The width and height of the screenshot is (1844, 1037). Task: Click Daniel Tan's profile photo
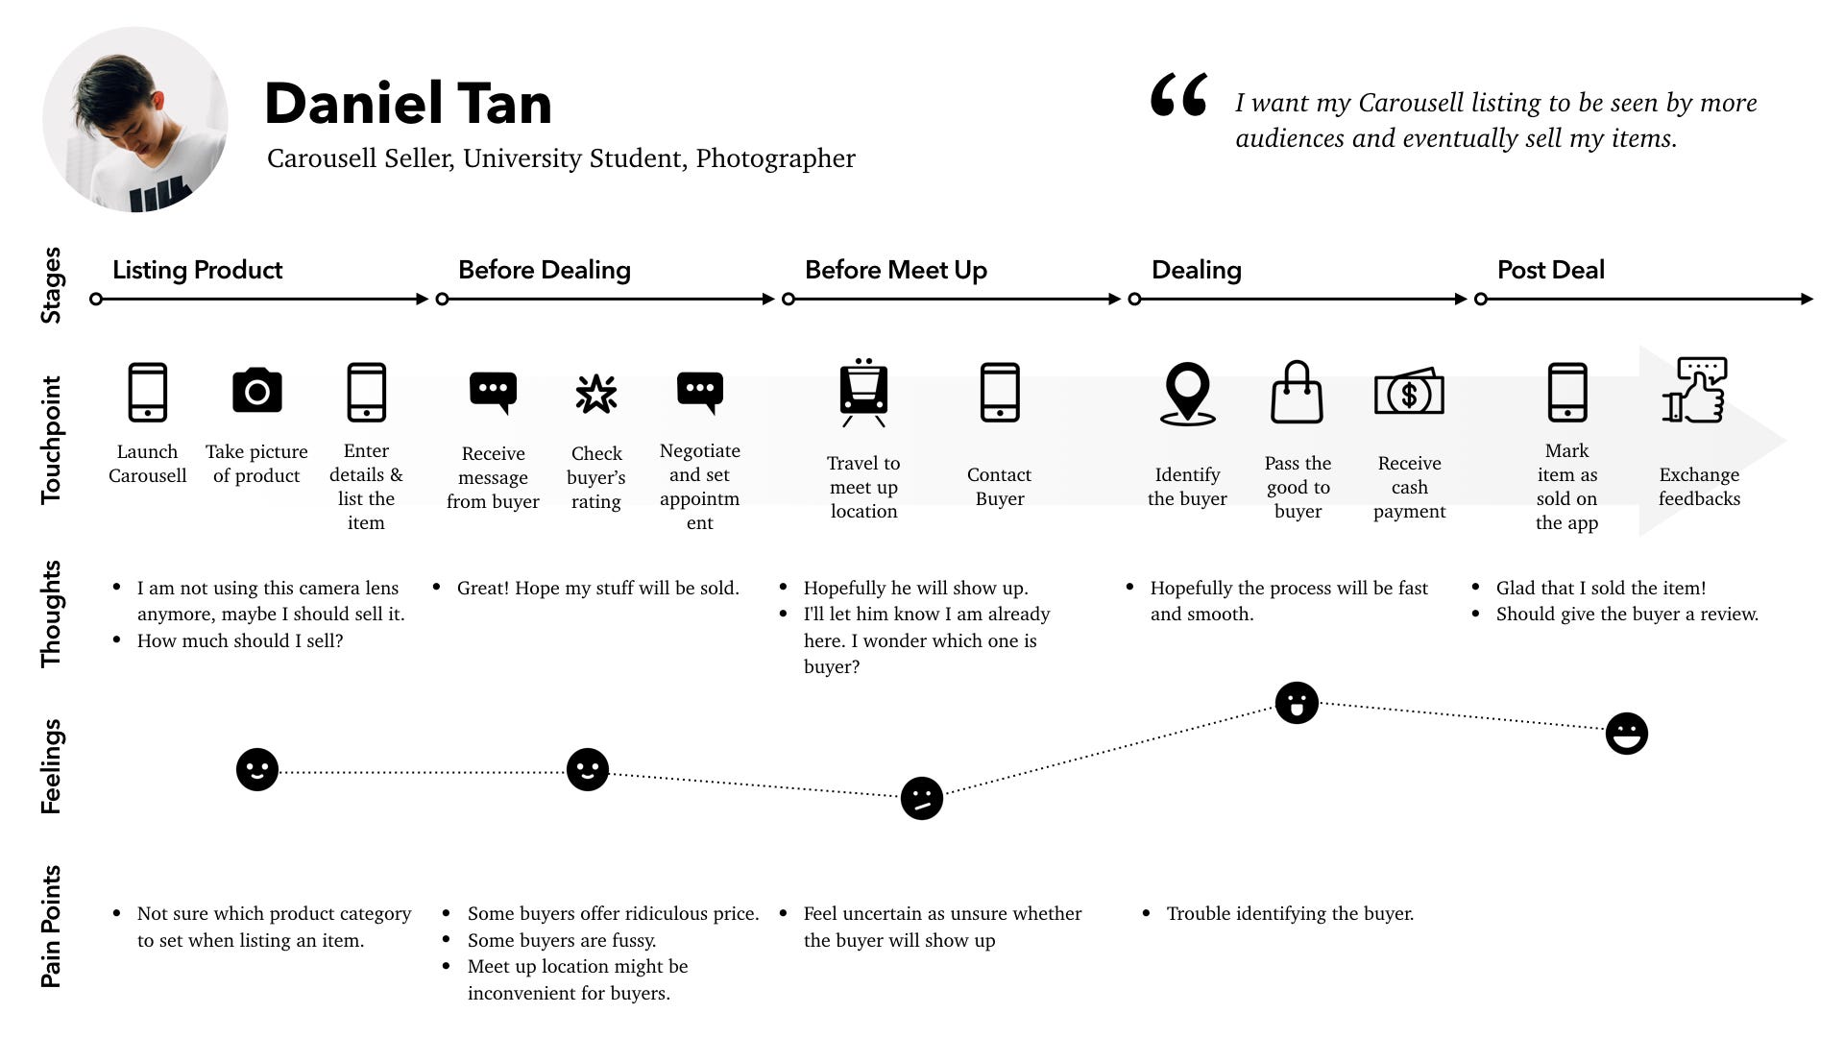click(135, 120)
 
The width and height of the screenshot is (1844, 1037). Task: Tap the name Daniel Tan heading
click(408, 104)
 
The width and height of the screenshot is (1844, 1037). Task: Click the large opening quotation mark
click(1178, 96)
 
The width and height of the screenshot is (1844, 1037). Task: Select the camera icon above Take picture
click(256, 391)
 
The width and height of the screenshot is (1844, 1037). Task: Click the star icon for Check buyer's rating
click(596, 394)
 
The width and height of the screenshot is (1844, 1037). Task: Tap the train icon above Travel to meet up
click(863, 393)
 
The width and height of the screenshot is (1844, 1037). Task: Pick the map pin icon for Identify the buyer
click(1187, 393)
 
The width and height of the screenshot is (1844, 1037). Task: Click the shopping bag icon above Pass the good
click(1297, 393)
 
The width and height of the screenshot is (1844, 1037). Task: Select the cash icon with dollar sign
click(1409, 393)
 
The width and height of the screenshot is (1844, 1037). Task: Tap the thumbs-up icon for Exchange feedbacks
click(1696, 391)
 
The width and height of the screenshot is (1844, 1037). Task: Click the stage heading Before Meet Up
click(895, 270)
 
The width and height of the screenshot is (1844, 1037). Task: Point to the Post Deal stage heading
click(1550, 270)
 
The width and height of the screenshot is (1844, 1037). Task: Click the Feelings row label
click(51, 766)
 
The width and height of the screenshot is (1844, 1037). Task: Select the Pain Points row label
click(51, 927)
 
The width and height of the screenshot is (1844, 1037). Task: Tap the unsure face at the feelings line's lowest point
click(921, 798)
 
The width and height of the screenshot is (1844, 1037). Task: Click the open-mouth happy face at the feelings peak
click(1297, 703)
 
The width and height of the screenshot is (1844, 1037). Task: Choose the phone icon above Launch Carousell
click(147, 392)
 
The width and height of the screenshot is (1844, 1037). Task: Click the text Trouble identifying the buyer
click(1290, 914)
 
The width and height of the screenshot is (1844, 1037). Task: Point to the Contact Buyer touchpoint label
click(999, 487)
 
